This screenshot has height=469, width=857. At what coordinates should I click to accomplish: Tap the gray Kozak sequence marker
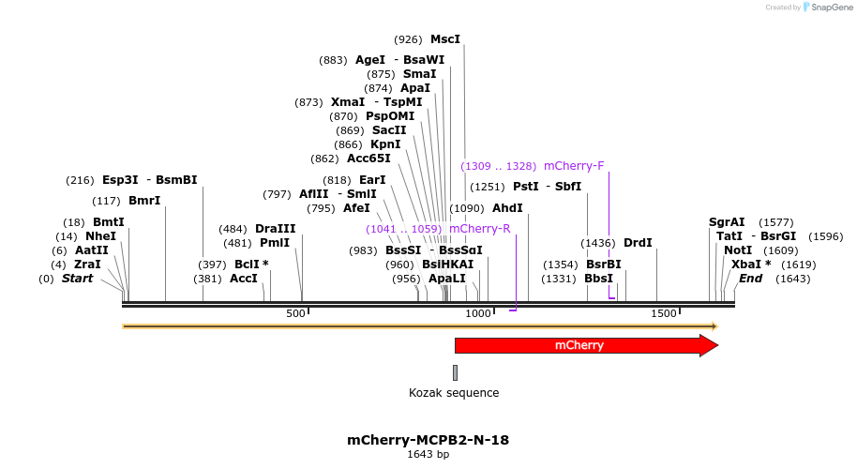click(455, 372)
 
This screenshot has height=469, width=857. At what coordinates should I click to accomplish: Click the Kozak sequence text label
click(454, 393)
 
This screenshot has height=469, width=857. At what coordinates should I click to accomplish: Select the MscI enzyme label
click(445, 39)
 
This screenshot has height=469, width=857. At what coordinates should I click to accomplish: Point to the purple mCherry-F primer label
click(574, 166)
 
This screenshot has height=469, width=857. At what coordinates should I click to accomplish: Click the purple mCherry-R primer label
click(479, 229)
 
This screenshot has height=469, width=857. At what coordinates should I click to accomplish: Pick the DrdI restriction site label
click(638, 243)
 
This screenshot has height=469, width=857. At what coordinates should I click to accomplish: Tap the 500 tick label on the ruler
click(295, 313)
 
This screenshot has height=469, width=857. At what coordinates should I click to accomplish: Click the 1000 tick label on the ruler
click(478, 313)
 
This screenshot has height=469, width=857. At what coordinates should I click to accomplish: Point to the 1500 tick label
click(663, 313)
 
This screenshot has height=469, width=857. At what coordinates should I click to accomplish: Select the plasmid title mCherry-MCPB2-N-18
click(428, 440)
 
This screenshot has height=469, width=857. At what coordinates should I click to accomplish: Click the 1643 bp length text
click(428, 455)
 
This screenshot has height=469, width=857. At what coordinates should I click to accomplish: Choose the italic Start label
click(77, 279)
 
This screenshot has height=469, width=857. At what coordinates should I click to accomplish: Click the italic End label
click(750, 279)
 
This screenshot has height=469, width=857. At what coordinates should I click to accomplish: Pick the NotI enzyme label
click(738, 250)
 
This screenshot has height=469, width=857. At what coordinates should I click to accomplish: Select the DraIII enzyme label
click(275, 229)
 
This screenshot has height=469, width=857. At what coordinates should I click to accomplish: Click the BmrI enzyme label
click(144, 201)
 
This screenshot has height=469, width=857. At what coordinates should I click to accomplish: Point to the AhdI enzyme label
click(507, 208)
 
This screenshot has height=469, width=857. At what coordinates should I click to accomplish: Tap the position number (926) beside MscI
click(409, 39)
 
